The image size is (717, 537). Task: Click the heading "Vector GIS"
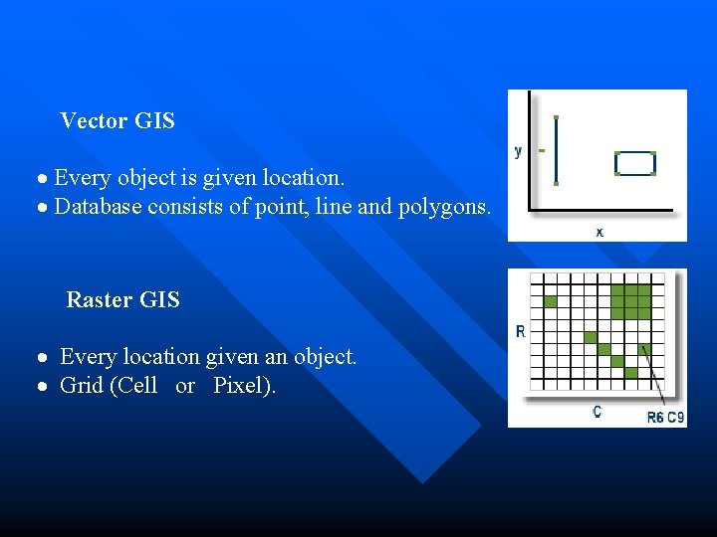point(118,121)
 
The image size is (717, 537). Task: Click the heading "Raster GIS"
point(122,299)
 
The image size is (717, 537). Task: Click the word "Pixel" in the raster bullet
point(237,385)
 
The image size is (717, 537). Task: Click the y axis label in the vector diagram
point(518,151)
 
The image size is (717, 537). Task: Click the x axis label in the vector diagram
point(598,231)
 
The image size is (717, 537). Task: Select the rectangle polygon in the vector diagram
point(635,163)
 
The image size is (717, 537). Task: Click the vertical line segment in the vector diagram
point(556,150)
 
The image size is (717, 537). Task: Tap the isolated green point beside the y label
point(541,151)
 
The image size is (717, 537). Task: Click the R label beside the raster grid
point(520,331)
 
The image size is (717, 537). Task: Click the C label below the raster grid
point(597,411)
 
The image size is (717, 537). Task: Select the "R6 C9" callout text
point(665,418)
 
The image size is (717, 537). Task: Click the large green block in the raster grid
point(629,300)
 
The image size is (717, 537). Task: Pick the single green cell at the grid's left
point(551,301)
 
